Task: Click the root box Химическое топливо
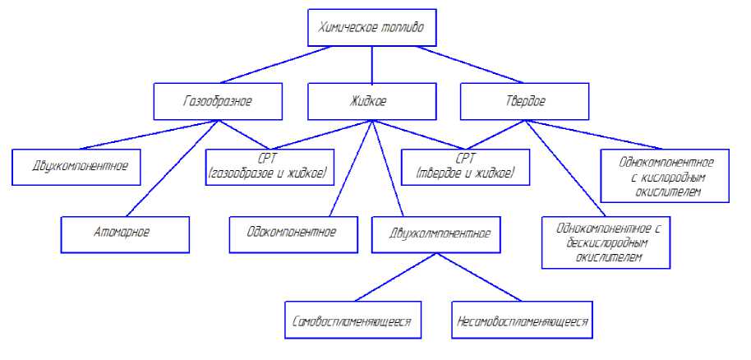click(x=372, y=29)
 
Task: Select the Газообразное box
click(x=218, y=102)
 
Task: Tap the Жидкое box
click(x=371, y=102)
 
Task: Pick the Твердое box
click(x=524, y=102)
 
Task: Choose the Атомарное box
click(x=125, y=234)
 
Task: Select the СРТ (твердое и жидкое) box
click(x=465, y=167)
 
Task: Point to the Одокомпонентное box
click(x=294, y=234)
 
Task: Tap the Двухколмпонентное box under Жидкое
click(x=441, y=234)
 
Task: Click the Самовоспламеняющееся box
click(x=353, y=321)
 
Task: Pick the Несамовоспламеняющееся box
click(x=523, y=321)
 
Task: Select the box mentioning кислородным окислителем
click(x=666, y=174)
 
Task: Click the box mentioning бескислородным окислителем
click(x=607, y=242)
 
